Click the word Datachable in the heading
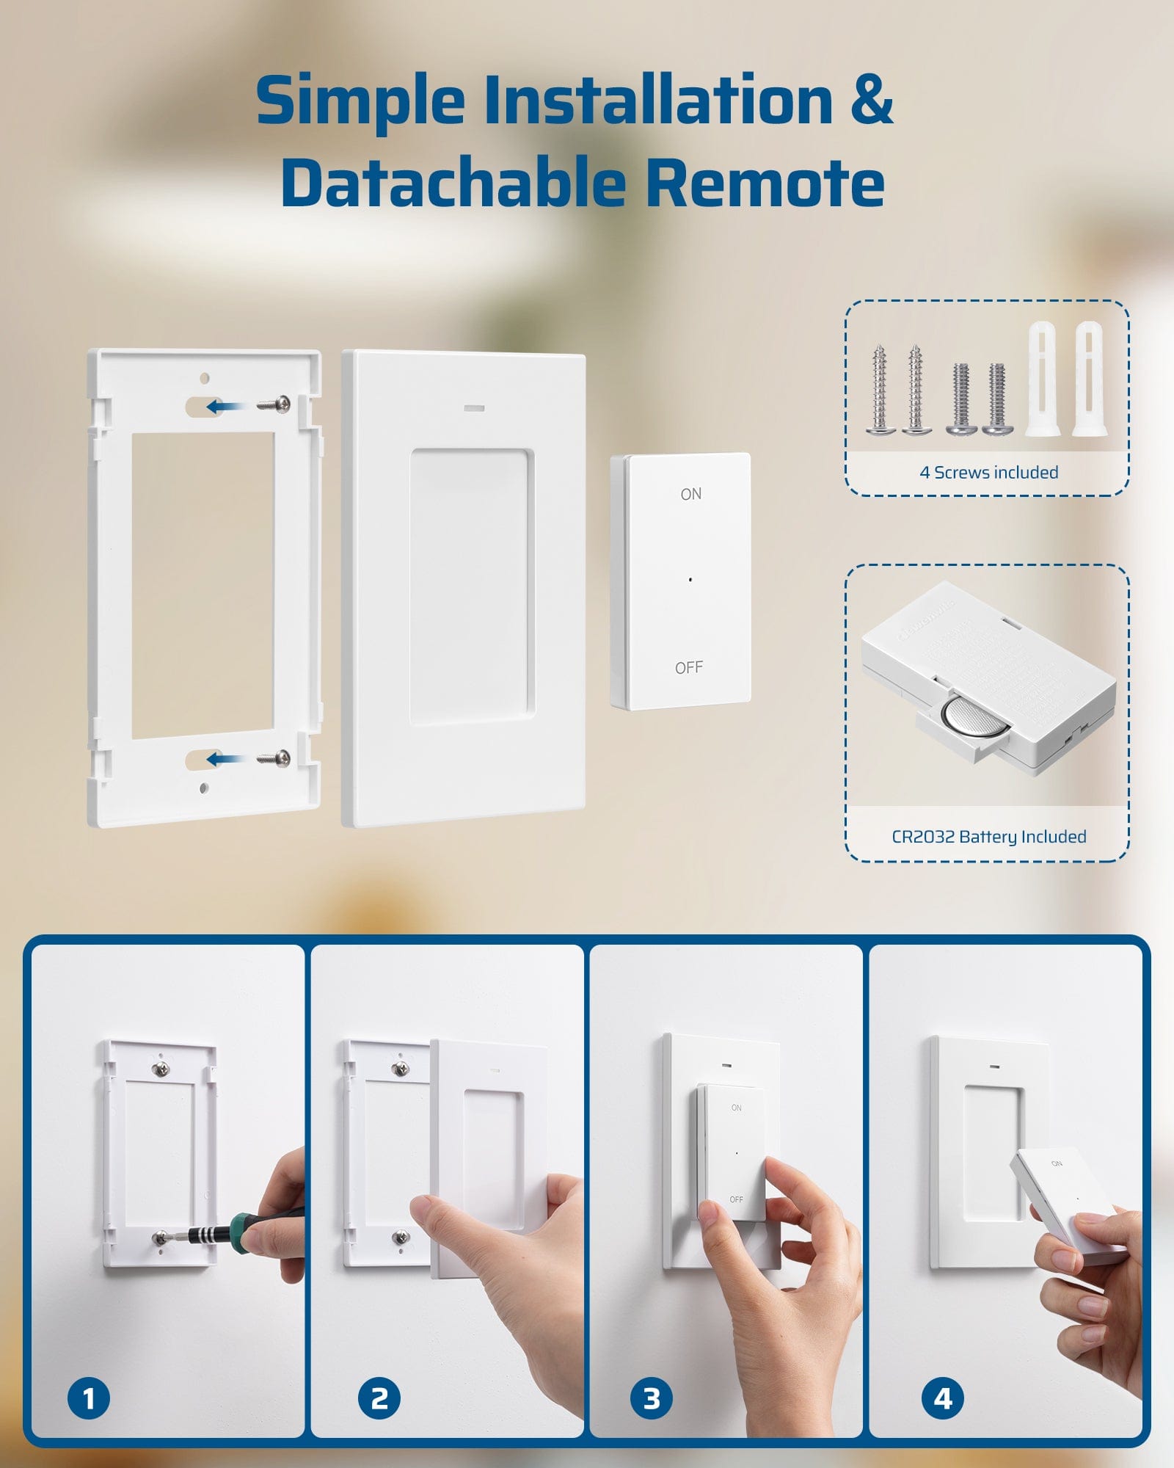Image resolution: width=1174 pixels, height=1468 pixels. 452,183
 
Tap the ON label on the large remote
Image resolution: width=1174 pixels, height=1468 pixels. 690,494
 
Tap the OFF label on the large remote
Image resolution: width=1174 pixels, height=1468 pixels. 688,667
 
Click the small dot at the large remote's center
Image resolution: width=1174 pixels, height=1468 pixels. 690,579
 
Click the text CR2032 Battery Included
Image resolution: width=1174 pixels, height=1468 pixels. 988,837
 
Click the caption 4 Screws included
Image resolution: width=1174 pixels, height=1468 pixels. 988,473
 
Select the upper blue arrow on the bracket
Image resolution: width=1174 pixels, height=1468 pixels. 223,406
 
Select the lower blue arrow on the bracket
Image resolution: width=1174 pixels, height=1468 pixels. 223,759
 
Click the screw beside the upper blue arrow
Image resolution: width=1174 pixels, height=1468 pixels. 274,403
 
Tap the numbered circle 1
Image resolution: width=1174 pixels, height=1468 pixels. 88,1398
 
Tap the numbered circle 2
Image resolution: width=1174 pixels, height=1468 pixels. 379,1398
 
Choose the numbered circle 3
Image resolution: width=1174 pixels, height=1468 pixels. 651,1398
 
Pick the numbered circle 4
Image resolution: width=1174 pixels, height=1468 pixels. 942,1398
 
